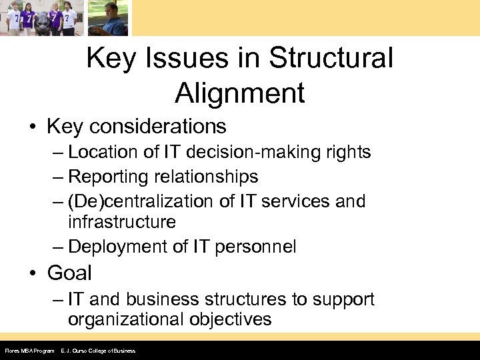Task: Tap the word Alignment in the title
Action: coord(240,93)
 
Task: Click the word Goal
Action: coord(69,273)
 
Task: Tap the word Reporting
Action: coord(106,177)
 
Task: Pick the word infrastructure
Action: coord(121,221)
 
